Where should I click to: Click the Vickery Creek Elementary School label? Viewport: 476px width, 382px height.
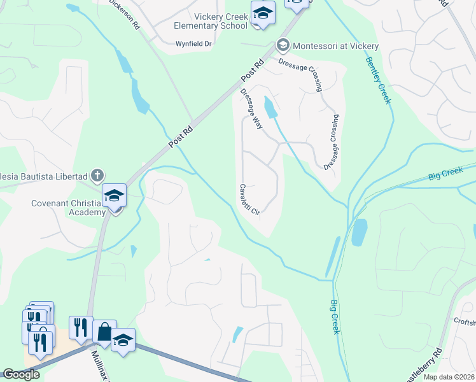tap(211, 20)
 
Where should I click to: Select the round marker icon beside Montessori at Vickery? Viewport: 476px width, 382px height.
tap(283, 45)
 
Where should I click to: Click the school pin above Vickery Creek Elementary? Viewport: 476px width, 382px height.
tap(262, 14)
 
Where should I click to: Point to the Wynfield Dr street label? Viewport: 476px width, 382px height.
tap(193, 44)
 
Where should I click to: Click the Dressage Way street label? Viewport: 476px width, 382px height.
tap(251, 108)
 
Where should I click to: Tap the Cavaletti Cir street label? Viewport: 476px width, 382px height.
tap(249, 199)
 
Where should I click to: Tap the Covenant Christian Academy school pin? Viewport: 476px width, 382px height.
tap(115, 196)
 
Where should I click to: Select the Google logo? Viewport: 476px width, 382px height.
tap(21, 374)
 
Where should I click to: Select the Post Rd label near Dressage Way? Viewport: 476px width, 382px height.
tap(253, 70)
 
